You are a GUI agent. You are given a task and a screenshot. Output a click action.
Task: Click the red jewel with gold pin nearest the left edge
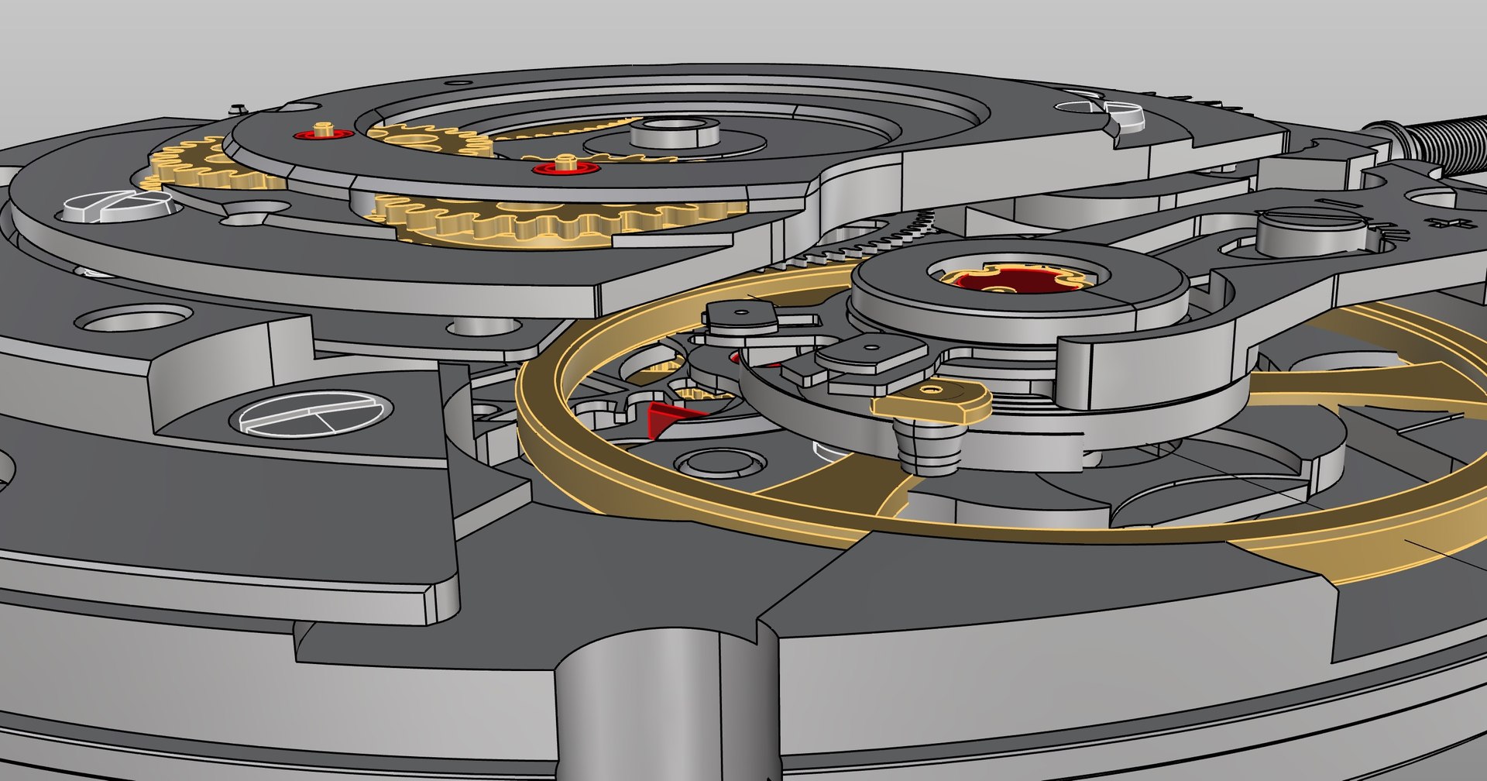324,133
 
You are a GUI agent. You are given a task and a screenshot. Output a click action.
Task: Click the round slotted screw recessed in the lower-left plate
311,412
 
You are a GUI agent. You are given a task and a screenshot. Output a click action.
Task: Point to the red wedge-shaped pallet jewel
668,418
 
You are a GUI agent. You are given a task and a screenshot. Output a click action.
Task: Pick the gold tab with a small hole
933,401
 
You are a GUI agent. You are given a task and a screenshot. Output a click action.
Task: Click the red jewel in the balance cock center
1015,280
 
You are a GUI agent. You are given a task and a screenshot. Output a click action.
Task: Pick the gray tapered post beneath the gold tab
929,448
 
